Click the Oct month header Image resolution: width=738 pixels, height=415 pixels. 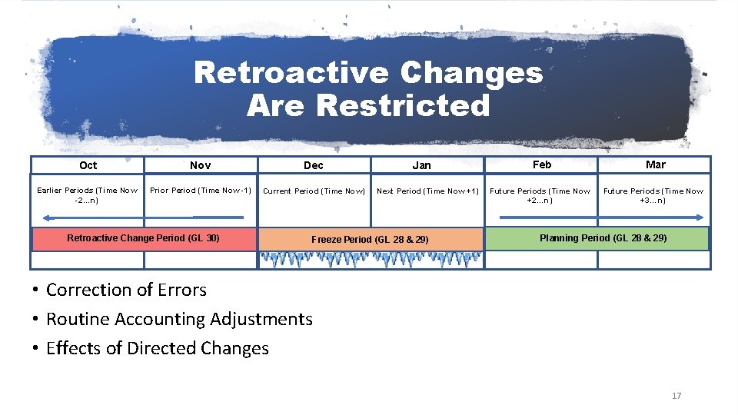click(x=88, y=165)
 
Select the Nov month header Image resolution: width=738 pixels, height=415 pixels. click(x=200, y=165)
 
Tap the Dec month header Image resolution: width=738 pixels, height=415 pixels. click(x=314, y=165)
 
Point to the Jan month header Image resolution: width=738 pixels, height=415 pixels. click(x=421, y=165)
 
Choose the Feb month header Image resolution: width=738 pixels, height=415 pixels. click(x=542, y=164)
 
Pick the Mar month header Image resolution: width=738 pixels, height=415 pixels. click(x=655, y=164)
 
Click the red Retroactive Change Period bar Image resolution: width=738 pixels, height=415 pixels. click(x=143, y=238)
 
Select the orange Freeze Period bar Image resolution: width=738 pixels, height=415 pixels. click(x=371, y=239)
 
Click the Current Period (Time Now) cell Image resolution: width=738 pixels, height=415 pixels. click(x=314, y=191)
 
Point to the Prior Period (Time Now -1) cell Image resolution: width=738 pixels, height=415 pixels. click(x=201, y=191)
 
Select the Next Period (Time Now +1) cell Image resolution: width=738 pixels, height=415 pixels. click(x=427, y=191)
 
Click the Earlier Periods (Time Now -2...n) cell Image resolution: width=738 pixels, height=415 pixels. click(x=88, y=195)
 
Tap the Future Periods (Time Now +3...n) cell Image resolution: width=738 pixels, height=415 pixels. click(x=653, y=195)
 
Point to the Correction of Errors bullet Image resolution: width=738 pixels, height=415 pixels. click(x=126, y=290)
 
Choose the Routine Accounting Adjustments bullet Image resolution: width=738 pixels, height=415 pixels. click(x=179, y=319)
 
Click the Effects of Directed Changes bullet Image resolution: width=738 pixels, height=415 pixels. click(x=157, y=348)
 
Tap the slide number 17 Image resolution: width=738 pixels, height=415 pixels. click(x=676, y=396)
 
